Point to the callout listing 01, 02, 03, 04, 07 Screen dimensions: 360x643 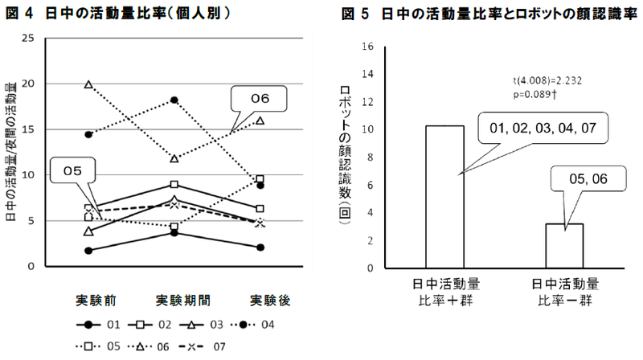[x=543, y=128]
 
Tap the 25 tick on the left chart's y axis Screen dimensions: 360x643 [x=28, y=39]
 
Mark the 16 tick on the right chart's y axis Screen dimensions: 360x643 [x=368, y=47]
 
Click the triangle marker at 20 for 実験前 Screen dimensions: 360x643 [x=88, y=84]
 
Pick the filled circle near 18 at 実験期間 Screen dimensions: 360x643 [x=174, y=100]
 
